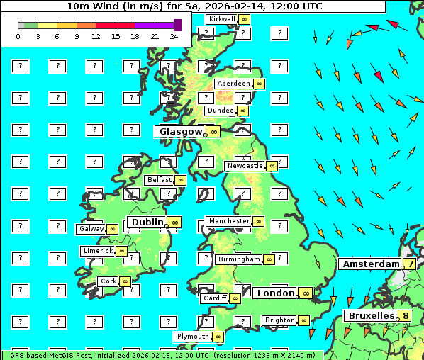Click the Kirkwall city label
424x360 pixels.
tap(221, 19)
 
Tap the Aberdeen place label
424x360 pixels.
tap(233, 84)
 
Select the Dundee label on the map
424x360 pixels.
tap(220, 111)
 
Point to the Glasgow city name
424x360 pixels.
tap(181, 132)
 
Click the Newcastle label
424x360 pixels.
tap(244, 166)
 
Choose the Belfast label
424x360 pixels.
tap(159, 180)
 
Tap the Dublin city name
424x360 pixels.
tap(147, 222)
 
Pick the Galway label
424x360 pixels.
tap(90, 229)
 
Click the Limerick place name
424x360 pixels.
tap(98, 251)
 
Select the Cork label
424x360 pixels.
tap(108, 281)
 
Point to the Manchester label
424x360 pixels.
tap(229, 221)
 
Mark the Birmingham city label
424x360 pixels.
tap(239, 259)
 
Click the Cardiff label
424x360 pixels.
tap(214, 298)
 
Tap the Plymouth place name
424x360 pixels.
tap(193, 337)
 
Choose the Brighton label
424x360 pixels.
tap(279, 320)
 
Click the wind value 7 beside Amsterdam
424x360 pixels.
tap(410, 264)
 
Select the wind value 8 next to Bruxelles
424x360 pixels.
tap(405, 315)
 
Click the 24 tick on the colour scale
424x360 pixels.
tap(174, 36)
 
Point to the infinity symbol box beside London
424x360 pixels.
tap(306, 293)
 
